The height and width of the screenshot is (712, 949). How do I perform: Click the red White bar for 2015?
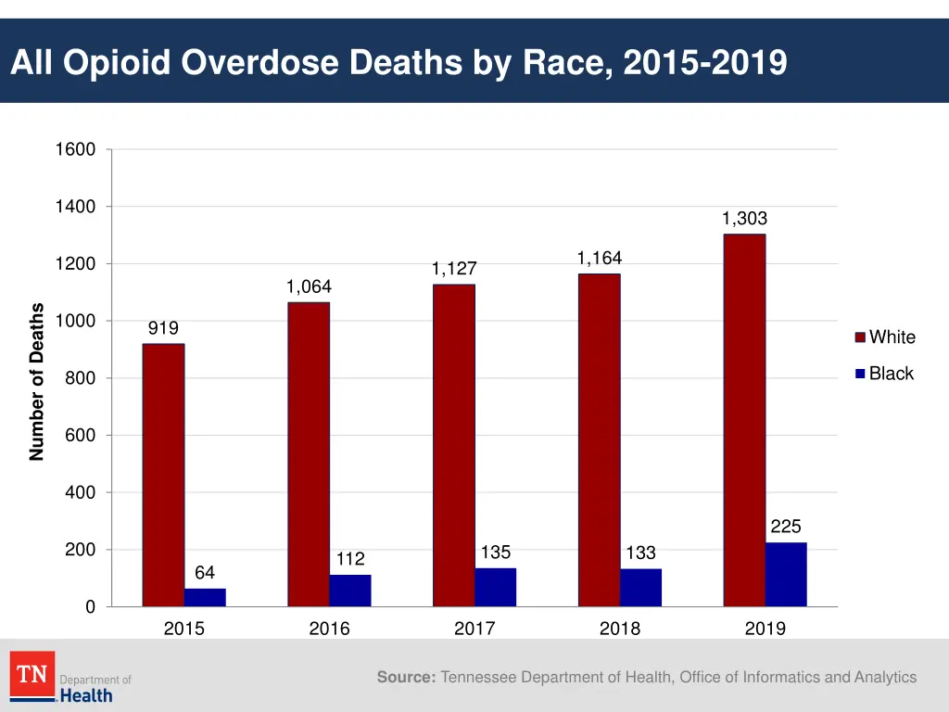163,475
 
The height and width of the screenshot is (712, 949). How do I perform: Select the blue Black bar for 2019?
786,575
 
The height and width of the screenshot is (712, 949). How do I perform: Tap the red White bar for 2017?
453,445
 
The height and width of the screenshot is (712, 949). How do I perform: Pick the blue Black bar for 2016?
350,591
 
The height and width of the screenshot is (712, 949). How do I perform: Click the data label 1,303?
744,219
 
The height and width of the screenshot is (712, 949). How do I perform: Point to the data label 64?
205,573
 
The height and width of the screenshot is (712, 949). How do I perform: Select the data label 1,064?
309,286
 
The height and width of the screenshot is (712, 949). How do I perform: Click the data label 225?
786,527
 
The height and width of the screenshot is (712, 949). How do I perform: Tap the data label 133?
640,553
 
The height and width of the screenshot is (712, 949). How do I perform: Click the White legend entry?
892,337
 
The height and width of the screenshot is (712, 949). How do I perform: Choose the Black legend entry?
891,374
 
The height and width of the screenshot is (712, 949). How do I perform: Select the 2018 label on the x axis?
620,629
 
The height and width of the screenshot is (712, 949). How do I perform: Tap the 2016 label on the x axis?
329,629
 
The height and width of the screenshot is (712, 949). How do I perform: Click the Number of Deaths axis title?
37,381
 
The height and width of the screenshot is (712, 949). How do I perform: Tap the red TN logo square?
32,674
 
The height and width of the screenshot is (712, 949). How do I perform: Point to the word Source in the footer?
406,678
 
